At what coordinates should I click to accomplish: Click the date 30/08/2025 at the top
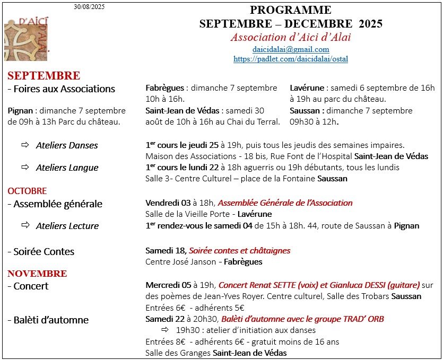click(x=89, y=7)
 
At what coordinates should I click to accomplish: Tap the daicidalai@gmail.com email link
click(x=291, y=49)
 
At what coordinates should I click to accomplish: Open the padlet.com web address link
click(x=291, y=59)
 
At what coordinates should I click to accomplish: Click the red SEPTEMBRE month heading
click(x=44, y=76)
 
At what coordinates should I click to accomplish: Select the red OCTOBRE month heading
click(x=27, y=191)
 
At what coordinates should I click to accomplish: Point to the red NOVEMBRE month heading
click(x=37, y=274)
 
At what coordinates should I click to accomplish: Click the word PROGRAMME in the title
click(x=291, y=10)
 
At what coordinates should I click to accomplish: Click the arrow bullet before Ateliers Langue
click(x=25, y=168)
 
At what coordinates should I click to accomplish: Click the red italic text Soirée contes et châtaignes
click(x=240, y=250)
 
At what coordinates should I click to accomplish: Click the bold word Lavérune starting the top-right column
click(x=306, y=88)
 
